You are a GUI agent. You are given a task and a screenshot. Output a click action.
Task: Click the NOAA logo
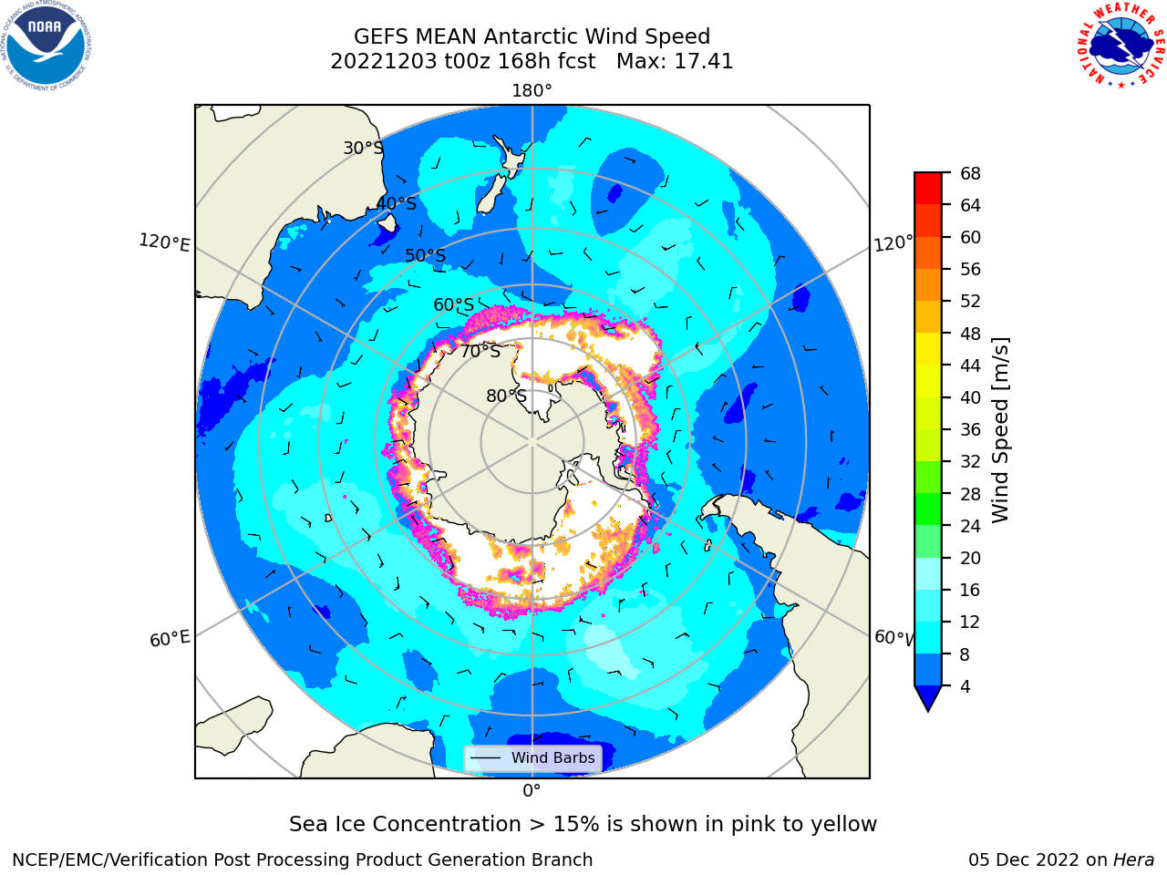click(x=46, y=46)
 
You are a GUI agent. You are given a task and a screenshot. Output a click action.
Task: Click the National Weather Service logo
click(x=1121, y=46)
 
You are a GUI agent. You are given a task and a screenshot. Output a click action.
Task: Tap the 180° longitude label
click(x=532, y=91)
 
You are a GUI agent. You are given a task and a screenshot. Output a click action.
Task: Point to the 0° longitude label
click(x=532, y=791)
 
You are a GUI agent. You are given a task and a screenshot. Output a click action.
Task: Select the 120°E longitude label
click(x=164, y=242)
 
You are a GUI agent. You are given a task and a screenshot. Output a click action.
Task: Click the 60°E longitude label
click(x=170, y=639)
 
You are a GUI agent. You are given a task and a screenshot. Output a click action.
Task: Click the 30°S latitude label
click(x=363, y=148)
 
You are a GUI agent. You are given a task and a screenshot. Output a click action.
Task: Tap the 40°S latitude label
click(x=397, y=203)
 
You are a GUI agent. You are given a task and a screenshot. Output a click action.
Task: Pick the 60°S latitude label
click(x=453, y=305)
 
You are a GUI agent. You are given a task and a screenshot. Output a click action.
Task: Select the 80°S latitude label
click(x=506, y=396)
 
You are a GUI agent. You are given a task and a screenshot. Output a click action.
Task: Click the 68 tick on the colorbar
click(x=970, y=173)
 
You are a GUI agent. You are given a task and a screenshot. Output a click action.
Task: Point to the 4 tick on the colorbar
click(x=965, y=686)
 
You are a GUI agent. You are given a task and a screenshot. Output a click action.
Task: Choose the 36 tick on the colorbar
click(x=970, y=429)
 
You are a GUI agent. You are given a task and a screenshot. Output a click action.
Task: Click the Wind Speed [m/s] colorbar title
click(x=1000, y=430)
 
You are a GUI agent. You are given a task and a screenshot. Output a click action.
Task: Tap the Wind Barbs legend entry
click(x=533, y=757)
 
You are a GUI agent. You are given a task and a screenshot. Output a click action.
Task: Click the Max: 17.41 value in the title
click(x=675, y=62)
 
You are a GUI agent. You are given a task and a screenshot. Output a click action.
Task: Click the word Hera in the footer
click(x=1133, y=860)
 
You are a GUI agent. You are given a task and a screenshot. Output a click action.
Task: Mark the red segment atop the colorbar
click(x=928, y=189)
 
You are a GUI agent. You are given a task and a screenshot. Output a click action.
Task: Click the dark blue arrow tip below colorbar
click(x=928, y=698)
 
